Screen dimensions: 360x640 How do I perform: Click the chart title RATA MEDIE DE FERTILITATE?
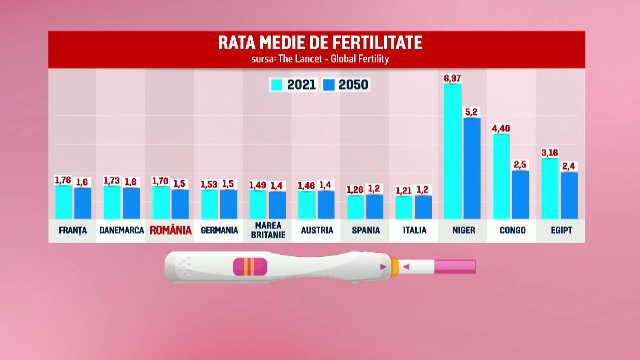tap(320, 42)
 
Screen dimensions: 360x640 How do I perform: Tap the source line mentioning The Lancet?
tap(320, 59)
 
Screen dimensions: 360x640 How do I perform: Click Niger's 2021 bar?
tap(452, 150)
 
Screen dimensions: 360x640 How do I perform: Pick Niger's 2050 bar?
tap(472, 168)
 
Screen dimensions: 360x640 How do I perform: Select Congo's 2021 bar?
tap(501, 176)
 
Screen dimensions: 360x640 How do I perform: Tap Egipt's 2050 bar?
tap(569, 195)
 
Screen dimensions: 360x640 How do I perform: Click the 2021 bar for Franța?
tap(64, 201)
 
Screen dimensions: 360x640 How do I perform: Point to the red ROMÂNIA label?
tap(170, 230)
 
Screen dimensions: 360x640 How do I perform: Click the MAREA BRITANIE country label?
tap(268, 230)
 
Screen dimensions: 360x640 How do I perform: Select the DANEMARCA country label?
tap(122, 230)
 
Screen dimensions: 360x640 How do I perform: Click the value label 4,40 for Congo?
tap(501, 128)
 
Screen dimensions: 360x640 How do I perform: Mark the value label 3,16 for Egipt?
tap(550, 152)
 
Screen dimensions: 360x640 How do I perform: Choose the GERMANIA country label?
tap(219, 230)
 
